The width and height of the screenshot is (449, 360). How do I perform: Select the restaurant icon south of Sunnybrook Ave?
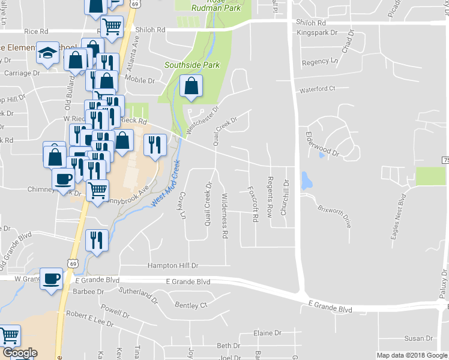tap(97, 241)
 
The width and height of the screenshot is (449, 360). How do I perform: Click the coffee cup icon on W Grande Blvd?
tap(51, 278)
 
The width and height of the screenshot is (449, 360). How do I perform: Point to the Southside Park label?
tap(192, 65)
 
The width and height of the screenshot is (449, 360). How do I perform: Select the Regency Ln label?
tap(320, 62)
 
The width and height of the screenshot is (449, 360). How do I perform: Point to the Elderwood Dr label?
tap(322, 145)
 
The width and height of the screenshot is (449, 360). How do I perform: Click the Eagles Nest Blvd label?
tap(398, 217)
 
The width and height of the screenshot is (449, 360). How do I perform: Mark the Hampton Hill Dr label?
tap(173, 265)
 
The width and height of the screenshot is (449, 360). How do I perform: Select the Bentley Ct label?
tap(191, 305)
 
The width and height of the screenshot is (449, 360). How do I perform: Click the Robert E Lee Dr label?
tap(89, 319)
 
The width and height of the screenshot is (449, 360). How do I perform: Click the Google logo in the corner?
tap(20, 353)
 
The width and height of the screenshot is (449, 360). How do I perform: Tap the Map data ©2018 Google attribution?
tap(411, 355)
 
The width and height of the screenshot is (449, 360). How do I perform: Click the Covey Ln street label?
tap(181, 206)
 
